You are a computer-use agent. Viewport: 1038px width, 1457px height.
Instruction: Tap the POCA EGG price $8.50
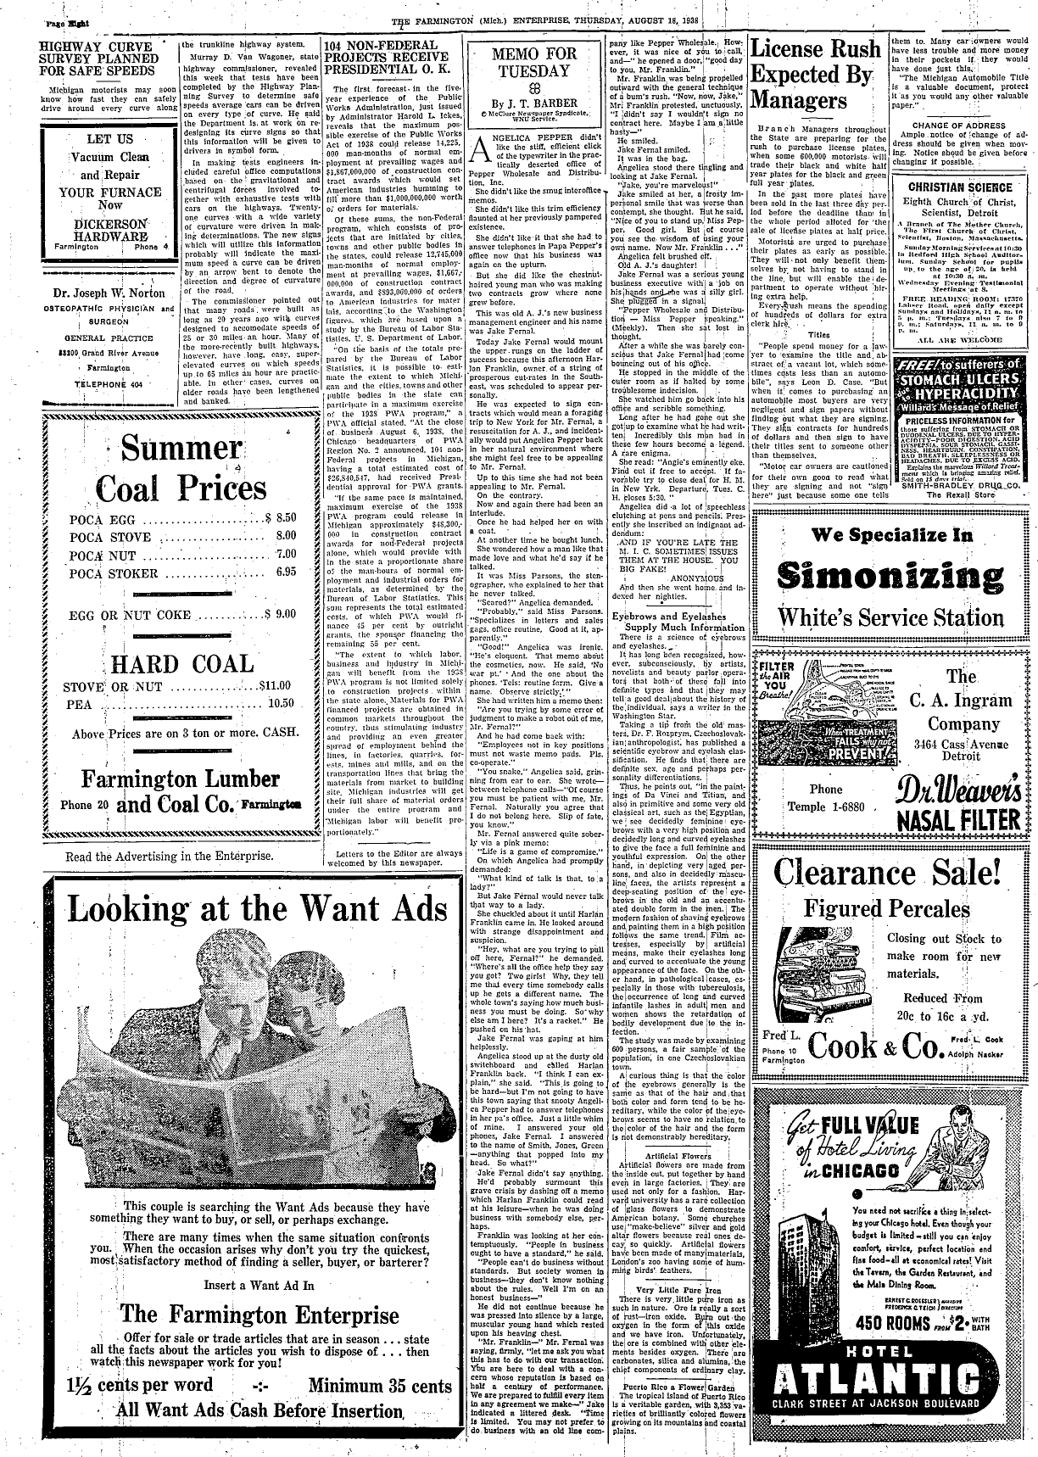[x=280, y=516]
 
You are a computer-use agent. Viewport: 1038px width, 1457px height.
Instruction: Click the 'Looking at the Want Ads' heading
[x=257, y=908]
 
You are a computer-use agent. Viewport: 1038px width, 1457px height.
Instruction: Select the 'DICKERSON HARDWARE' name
[x=109, y=233]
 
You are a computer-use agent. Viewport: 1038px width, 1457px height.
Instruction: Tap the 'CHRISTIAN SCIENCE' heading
[x=958, y=187]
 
